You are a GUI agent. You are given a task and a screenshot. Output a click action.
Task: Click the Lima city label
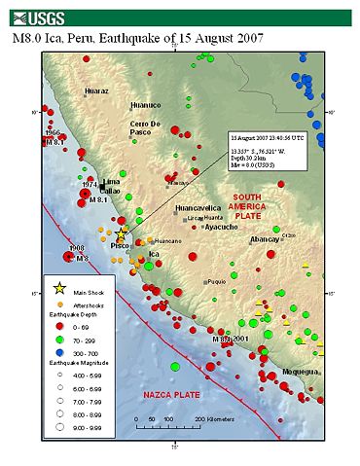pyautogui.click(x=110, y=181)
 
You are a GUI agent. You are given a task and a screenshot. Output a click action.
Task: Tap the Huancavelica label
pyautogui.click(x=198, y=208)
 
